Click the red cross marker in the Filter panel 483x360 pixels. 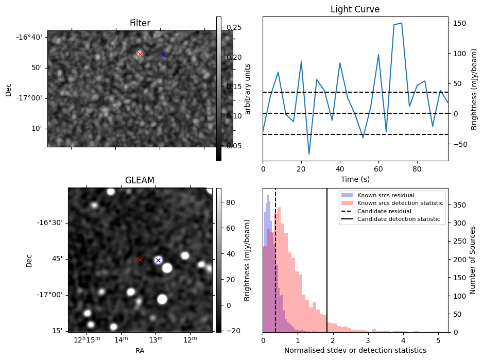tap(140, 54)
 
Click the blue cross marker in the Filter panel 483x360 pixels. tap(163, 55)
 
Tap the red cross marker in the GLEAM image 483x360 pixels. tap(140, 260)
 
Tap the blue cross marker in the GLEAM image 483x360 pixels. tap(158, 260)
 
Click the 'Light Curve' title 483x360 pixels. tap(355, 9)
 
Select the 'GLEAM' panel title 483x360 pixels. tap(140, 180)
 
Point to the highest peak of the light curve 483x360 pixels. tap(401, 23)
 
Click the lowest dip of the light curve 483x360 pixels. tap(309, 154)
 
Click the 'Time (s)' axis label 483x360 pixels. tap(355, 179)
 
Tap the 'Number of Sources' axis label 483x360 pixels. tap(472, 260)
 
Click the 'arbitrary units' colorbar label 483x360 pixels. tap(247, 89)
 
